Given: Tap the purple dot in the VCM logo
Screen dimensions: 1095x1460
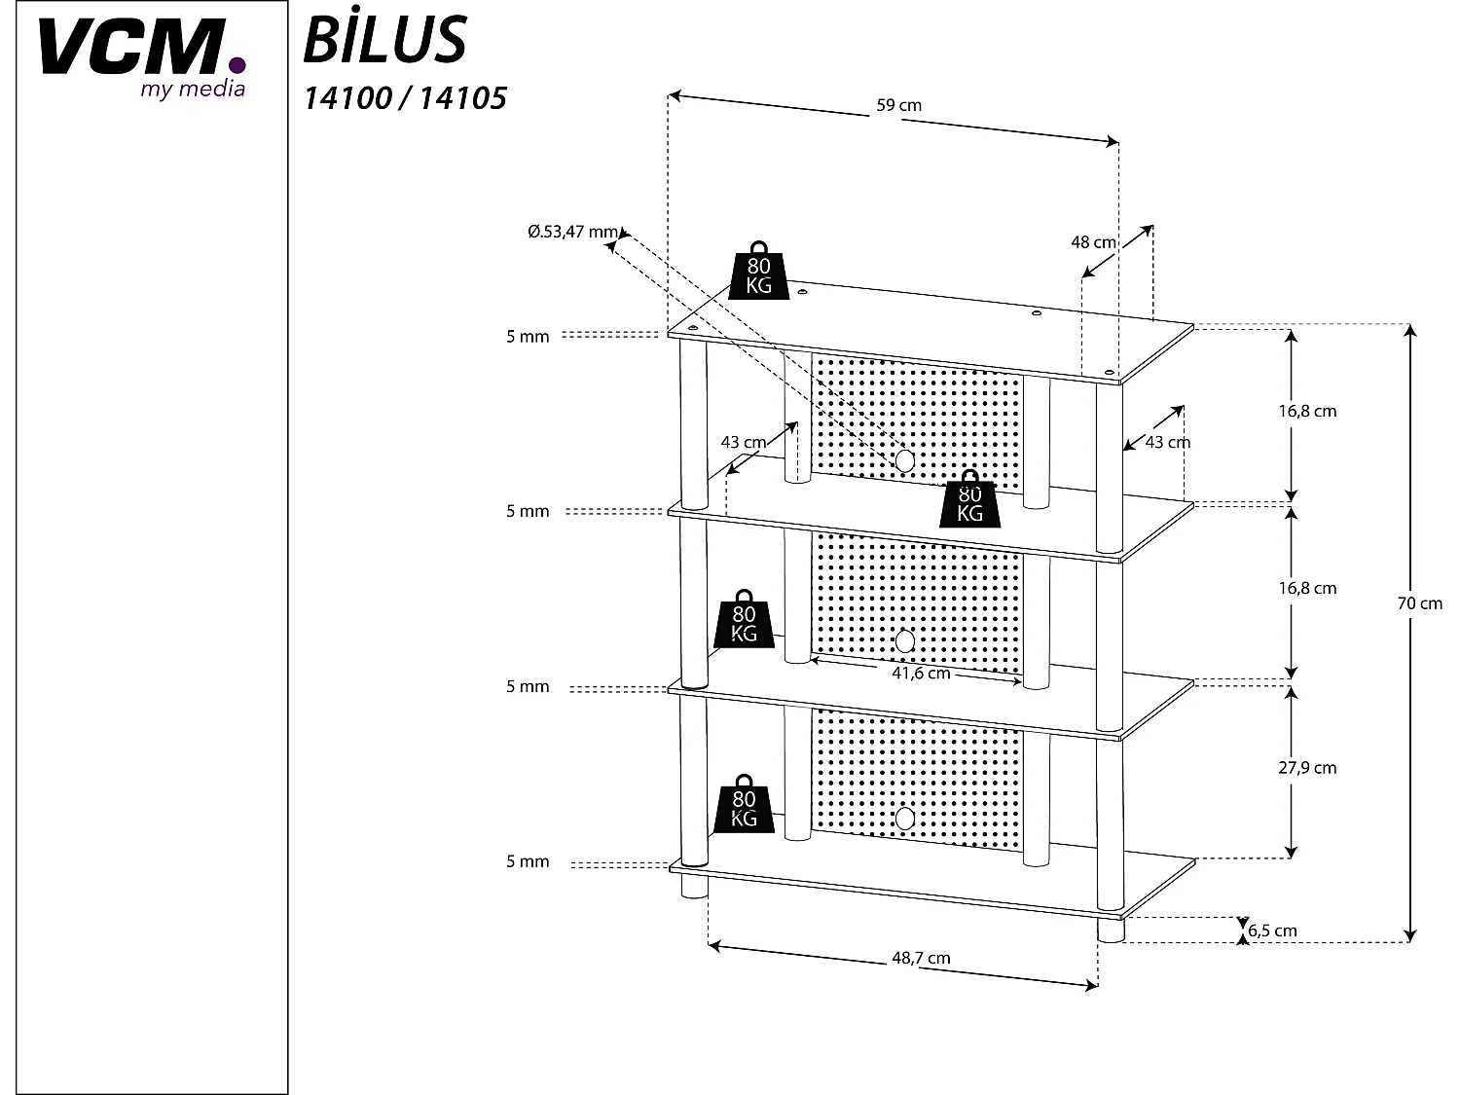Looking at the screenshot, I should click(237, 66).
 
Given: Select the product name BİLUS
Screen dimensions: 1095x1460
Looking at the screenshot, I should click(385, 41).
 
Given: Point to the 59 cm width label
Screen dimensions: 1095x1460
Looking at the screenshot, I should click(898, 105).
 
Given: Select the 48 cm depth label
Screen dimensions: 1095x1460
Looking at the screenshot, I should click(1093, 242).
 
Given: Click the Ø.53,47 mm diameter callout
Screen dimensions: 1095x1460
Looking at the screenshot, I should click(572, 232).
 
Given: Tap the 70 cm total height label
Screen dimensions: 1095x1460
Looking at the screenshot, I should click(1419, 603).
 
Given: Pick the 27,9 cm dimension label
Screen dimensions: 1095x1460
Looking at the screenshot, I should click(1307, 768).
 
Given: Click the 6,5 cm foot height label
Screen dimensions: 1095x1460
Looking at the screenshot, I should click(1272, 931).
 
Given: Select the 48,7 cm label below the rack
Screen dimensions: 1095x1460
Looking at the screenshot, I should click(921, 958).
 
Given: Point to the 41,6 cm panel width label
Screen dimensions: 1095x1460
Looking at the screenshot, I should click(920, 674).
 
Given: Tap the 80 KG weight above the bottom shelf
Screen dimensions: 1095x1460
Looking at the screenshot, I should click(745, 806).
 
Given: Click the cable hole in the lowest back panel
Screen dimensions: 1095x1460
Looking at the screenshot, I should click(905, 818).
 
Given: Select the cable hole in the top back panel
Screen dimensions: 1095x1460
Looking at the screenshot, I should click(904, 461).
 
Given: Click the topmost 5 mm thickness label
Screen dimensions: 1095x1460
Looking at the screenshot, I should click(528, 337).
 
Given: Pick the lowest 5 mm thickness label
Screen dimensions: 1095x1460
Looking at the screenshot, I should click(528, 861).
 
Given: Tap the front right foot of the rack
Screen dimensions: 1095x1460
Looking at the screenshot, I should click(1110, 930).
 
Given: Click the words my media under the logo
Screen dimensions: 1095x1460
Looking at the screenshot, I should click(193, 90).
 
